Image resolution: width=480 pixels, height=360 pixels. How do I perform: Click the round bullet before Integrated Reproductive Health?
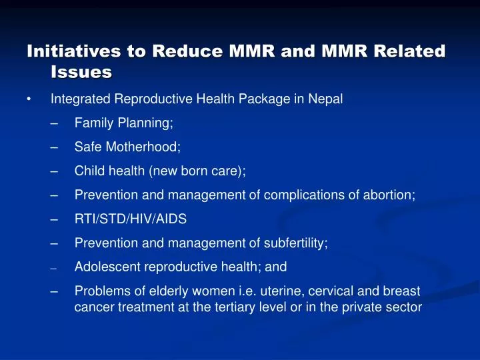(x=29, y=100)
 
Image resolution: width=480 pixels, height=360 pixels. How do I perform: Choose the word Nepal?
(x=327, y=99)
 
